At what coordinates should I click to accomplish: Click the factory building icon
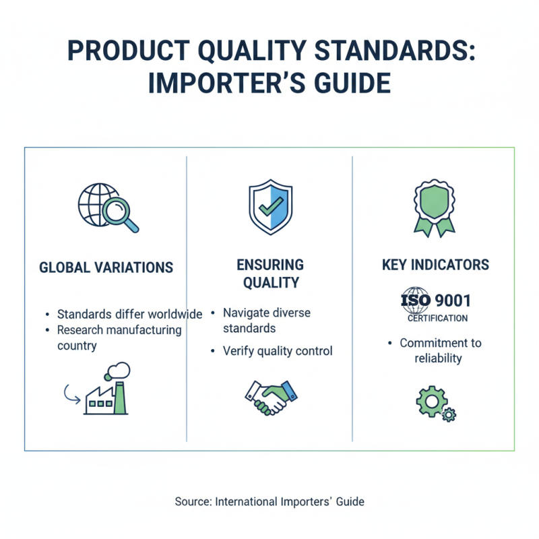106,397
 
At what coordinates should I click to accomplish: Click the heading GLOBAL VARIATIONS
106,267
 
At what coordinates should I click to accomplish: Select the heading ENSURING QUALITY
269,274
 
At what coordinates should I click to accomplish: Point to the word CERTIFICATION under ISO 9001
437,318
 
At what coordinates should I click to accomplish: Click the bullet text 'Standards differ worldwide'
129,315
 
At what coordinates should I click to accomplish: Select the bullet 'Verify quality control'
278,351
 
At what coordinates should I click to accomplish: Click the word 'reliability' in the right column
438,358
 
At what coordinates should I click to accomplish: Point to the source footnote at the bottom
269,501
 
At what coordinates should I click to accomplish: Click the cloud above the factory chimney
120,370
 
